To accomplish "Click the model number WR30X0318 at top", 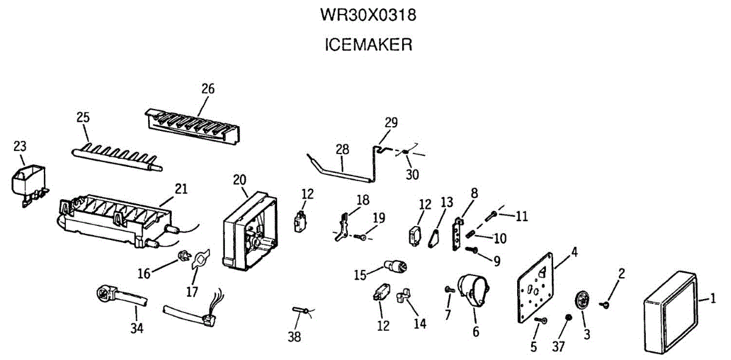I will (368, 15).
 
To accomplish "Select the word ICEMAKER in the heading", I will (368, 44).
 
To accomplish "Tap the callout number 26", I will (208, 88).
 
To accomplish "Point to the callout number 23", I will (20, 146).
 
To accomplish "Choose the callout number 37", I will (559, 346).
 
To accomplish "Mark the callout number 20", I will (239, 179).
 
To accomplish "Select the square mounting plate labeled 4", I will (536, 289).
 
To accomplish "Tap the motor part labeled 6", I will (474, 291).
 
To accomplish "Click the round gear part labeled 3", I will (584, 303).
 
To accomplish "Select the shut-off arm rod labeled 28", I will (341, 170).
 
